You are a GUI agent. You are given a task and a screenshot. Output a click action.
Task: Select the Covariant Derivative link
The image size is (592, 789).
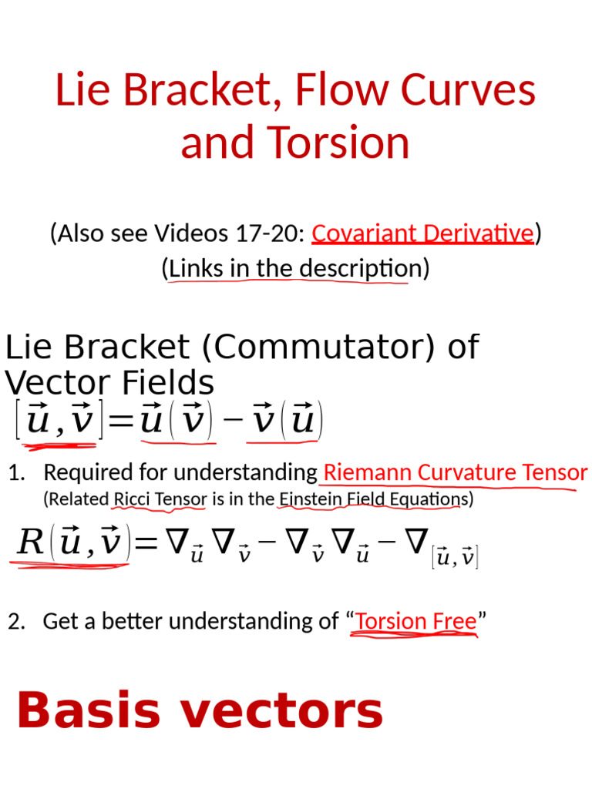click(422, 233)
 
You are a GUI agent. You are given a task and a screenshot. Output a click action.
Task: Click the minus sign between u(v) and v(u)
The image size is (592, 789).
click(230, 421)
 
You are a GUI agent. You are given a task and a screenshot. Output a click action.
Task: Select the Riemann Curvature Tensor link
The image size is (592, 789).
click(456, 472)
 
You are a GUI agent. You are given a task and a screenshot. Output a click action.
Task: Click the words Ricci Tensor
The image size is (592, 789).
click(160, 499)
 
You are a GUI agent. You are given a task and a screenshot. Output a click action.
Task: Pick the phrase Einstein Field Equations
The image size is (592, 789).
click(373, 499)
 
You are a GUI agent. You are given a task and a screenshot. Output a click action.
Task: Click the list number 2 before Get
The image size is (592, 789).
click(16, 621)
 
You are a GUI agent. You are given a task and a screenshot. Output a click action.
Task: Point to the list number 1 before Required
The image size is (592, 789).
click(16, 472)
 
